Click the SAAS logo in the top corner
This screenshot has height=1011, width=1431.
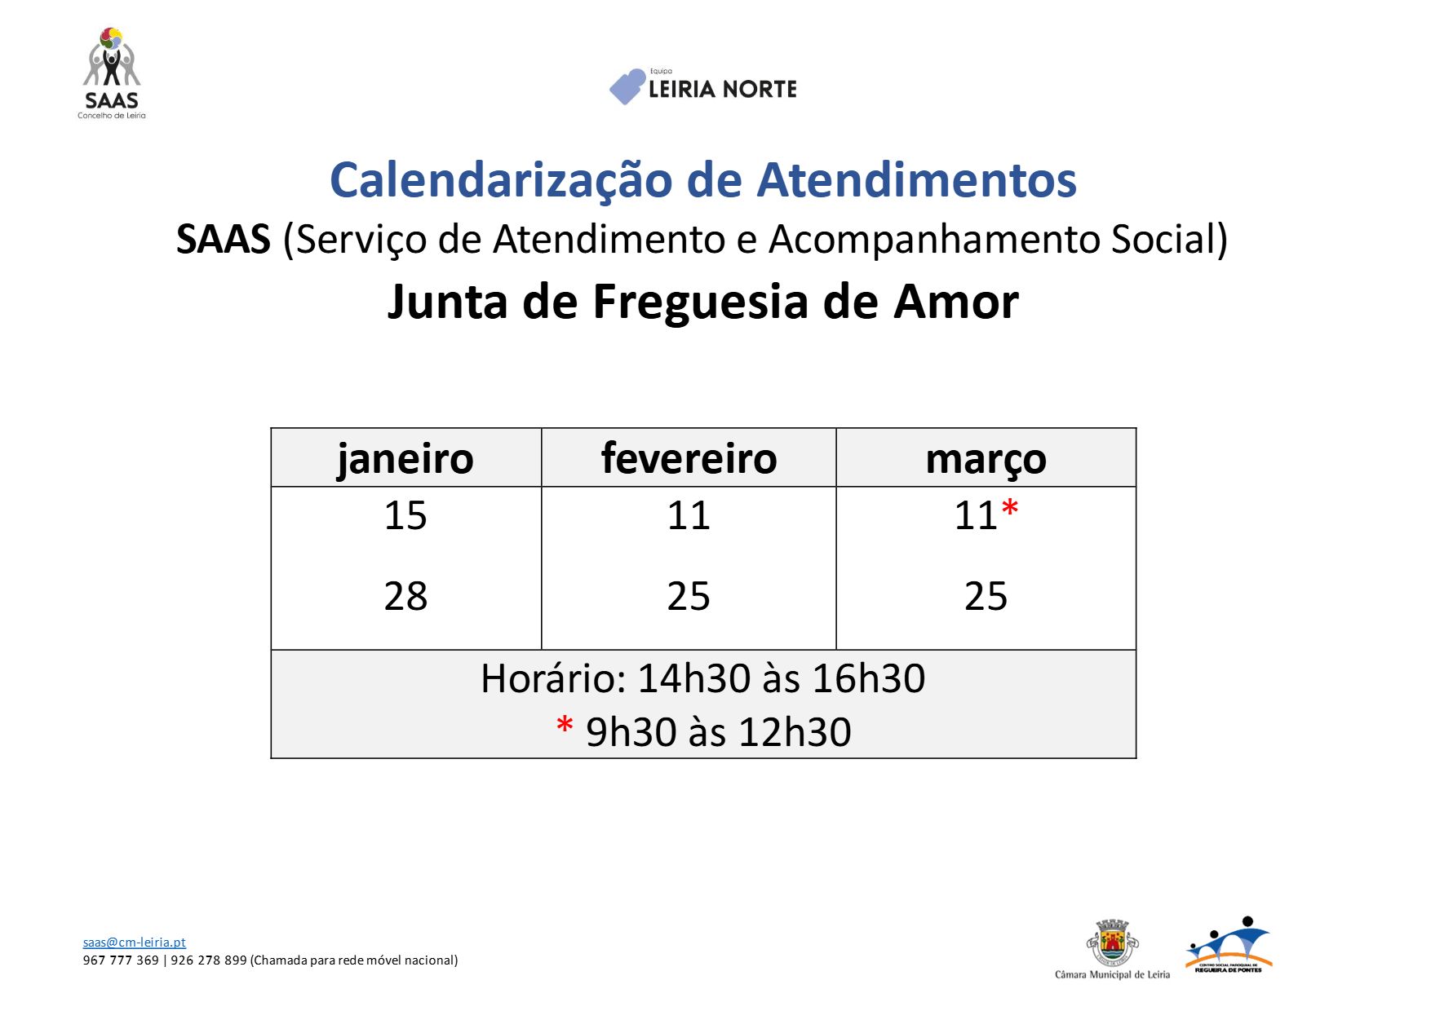(x=112, y=73)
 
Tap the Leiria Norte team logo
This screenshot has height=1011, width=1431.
(x=702, y=86)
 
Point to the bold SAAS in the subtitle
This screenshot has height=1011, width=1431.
(x=223, y=240)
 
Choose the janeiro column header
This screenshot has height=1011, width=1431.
(x=405, y=458)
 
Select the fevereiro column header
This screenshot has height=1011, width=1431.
(x=689, y=458)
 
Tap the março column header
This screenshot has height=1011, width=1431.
(x=986, y=459)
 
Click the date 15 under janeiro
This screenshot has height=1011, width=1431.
(x=405, y=515)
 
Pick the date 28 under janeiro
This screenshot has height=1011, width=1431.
(x=405, y=596)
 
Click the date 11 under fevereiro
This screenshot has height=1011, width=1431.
(x=689, y=515)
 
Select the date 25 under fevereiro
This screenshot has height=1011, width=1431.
(x=689, y=596)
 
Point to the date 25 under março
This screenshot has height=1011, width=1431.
(x=986, y=596)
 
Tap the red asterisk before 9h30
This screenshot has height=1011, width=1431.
(x=565, y=726)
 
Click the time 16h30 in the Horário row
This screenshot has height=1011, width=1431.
(x=868, y=678)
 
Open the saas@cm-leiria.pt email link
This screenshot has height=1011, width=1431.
(x=134, y=942)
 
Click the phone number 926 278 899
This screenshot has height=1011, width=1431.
(x=208, y=960)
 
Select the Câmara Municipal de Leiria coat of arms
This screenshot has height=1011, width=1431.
(x=1112, y=943)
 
